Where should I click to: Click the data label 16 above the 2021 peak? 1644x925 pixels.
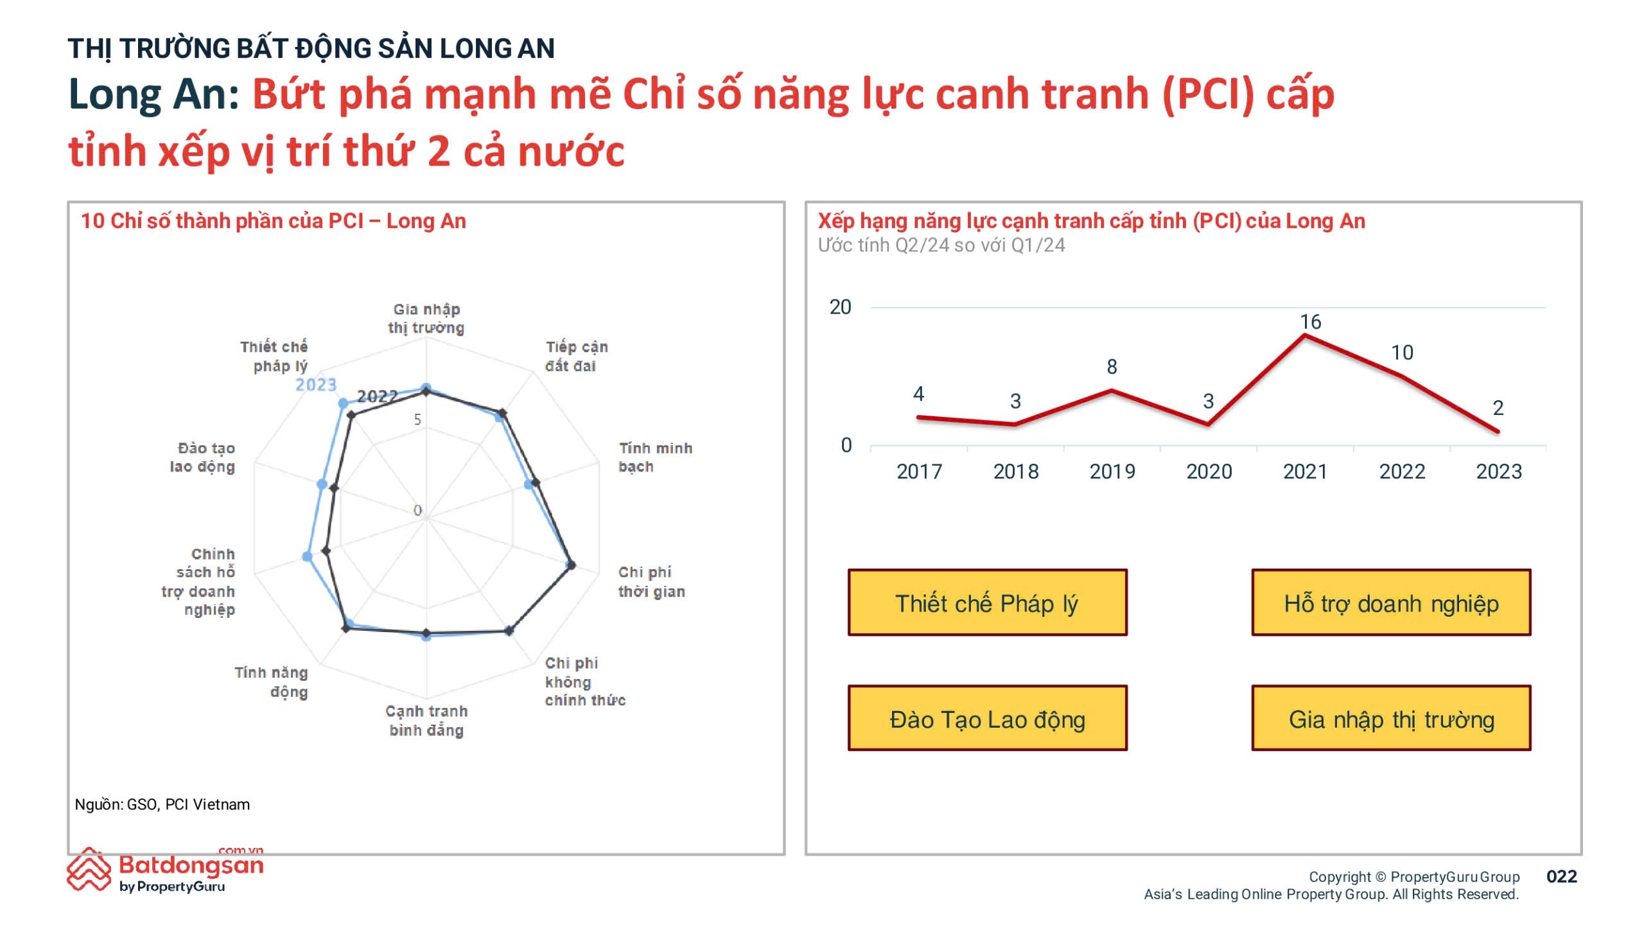tap(1311, 322)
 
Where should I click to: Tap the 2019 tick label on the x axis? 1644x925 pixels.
tap(1112, 471)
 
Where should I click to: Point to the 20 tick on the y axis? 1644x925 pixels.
tap(840, 307)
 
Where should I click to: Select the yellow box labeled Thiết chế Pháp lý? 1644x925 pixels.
tap(987, 603)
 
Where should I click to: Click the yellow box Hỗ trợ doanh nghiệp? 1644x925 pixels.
tap(1391, 603)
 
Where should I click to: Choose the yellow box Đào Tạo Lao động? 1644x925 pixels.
tap(987, 718)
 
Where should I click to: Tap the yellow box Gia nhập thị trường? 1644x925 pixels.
tap(1391, 718)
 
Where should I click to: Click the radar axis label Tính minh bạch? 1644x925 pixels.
tap(655, 457)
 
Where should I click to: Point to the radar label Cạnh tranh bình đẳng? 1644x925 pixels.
tap(426, 721)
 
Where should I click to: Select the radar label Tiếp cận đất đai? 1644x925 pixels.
tap(576, 356)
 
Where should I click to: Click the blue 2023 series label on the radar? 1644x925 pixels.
tap(316, 385)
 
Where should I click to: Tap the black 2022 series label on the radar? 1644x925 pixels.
tap(378, 396)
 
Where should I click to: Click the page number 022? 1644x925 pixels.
tap(1561, 877)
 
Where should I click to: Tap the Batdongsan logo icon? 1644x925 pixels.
tap(89, 869)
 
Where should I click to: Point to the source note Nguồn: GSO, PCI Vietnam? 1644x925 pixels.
tap(162, 804)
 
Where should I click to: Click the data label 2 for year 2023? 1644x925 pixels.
tap(1498, 408)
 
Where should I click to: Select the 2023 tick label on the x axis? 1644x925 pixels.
tap(1499, 471)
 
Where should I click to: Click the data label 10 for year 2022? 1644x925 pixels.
tap(1402, 353)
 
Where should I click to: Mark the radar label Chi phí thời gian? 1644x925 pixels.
tap(651, 581)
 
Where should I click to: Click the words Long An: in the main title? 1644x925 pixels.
tap(153, 94)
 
